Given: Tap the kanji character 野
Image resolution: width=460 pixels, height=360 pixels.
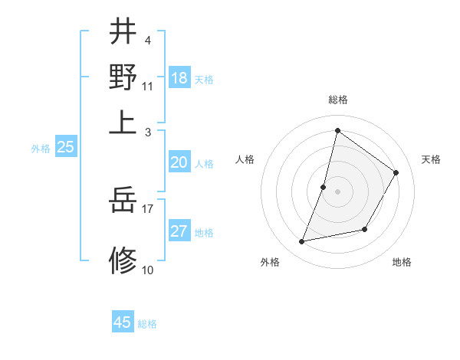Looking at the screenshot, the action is tap(123, 77).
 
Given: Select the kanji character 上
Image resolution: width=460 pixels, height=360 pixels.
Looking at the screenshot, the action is tap(123, 122).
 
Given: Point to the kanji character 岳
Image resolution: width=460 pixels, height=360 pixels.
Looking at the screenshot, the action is tap(123, 201).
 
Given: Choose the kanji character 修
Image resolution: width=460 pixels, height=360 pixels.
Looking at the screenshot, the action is tap(123, 260).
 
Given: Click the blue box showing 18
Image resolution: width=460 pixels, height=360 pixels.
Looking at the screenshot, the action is tap(179, 77).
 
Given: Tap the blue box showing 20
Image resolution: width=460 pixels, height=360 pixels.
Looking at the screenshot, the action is tap(179, 162).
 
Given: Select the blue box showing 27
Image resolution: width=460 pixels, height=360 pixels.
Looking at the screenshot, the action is tap(179, 231).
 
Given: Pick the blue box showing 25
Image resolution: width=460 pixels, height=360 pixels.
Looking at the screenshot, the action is tap(65, 148).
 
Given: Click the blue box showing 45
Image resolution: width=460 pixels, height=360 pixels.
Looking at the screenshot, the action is tap(123, 322).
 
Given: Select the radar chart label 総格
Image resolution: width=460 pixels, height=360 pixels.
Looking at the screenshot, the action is tap(337, 100).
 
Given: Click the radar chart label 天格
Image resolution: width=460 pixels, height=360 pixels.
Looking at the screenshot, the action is tap(431, 159).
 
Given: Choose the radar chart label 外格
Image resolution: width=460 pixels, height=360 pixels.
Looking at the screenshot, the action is tap(270, 262).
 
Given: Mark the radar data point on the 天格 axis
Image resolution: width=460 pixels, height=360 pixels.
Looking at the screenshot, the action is tap(396, 172).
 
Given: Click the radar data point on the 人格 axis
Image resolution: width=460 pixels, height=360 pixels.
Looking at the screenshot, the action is tap(324, 187).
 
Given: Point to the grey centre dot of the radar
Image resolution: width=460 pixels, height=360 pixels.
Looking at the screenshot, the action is tap(337, 191).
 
